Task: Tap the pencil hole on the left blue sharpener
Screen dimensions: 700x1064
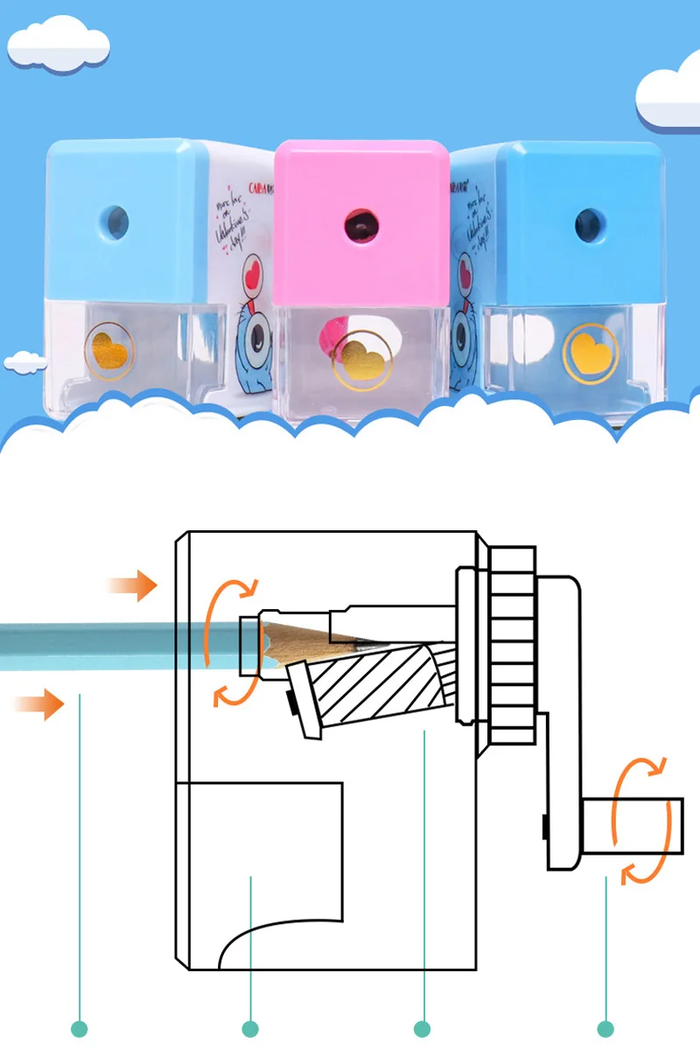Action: pyautogui.click(x=115, y=221)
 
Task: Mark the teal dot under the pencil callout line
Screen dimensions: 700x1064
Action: pyautogui.click(x=80, y=1029)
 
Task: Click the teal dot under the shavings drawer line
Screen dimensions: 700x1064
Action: pyautogui.click(x=250, y=1029)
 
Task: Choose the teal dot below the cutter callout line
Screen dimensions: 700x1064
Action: pyautogui.click(x=423, y=1029)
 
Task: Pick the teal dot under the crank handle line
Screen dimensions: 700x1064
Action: pyautogui.click(x=605, y=1029)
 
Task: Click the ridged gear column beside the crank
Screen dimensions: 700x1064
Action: pyautogui.click(x=511, y=644)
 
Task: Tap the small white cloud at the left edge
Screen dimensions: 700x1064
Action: pyautogui.click(x=24, y=360)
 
